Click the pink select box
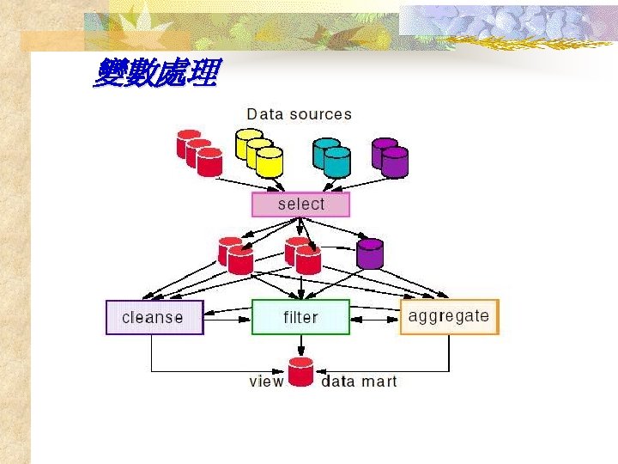[x=300, y=205]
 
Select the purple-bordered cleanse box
[x=154, y=317]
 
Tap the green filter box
[x=300, y=317]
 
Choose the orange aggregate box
[x=449, y=316]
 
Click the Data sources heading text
[x=299, y=113]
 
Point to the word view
[x=266, y=381]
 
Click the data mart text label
[x=359, y=381]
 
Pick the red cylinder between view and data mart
[x=300, y=372]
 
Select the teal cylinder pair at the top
[x=332, y=156]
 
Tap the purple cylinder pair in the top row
[x=390, y=156]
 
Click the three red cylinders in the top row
[x=199, y=152]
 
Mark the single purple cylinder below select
[x=370, y=253]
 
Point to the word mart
[x=379, y=381]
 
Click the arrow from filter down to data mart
[x=300, y=345]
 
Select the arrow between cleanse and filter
[x=227, y=317]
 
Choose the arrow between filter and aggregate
[x=375, y=317]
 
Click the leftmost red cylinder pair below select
[x=235, y=255]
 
